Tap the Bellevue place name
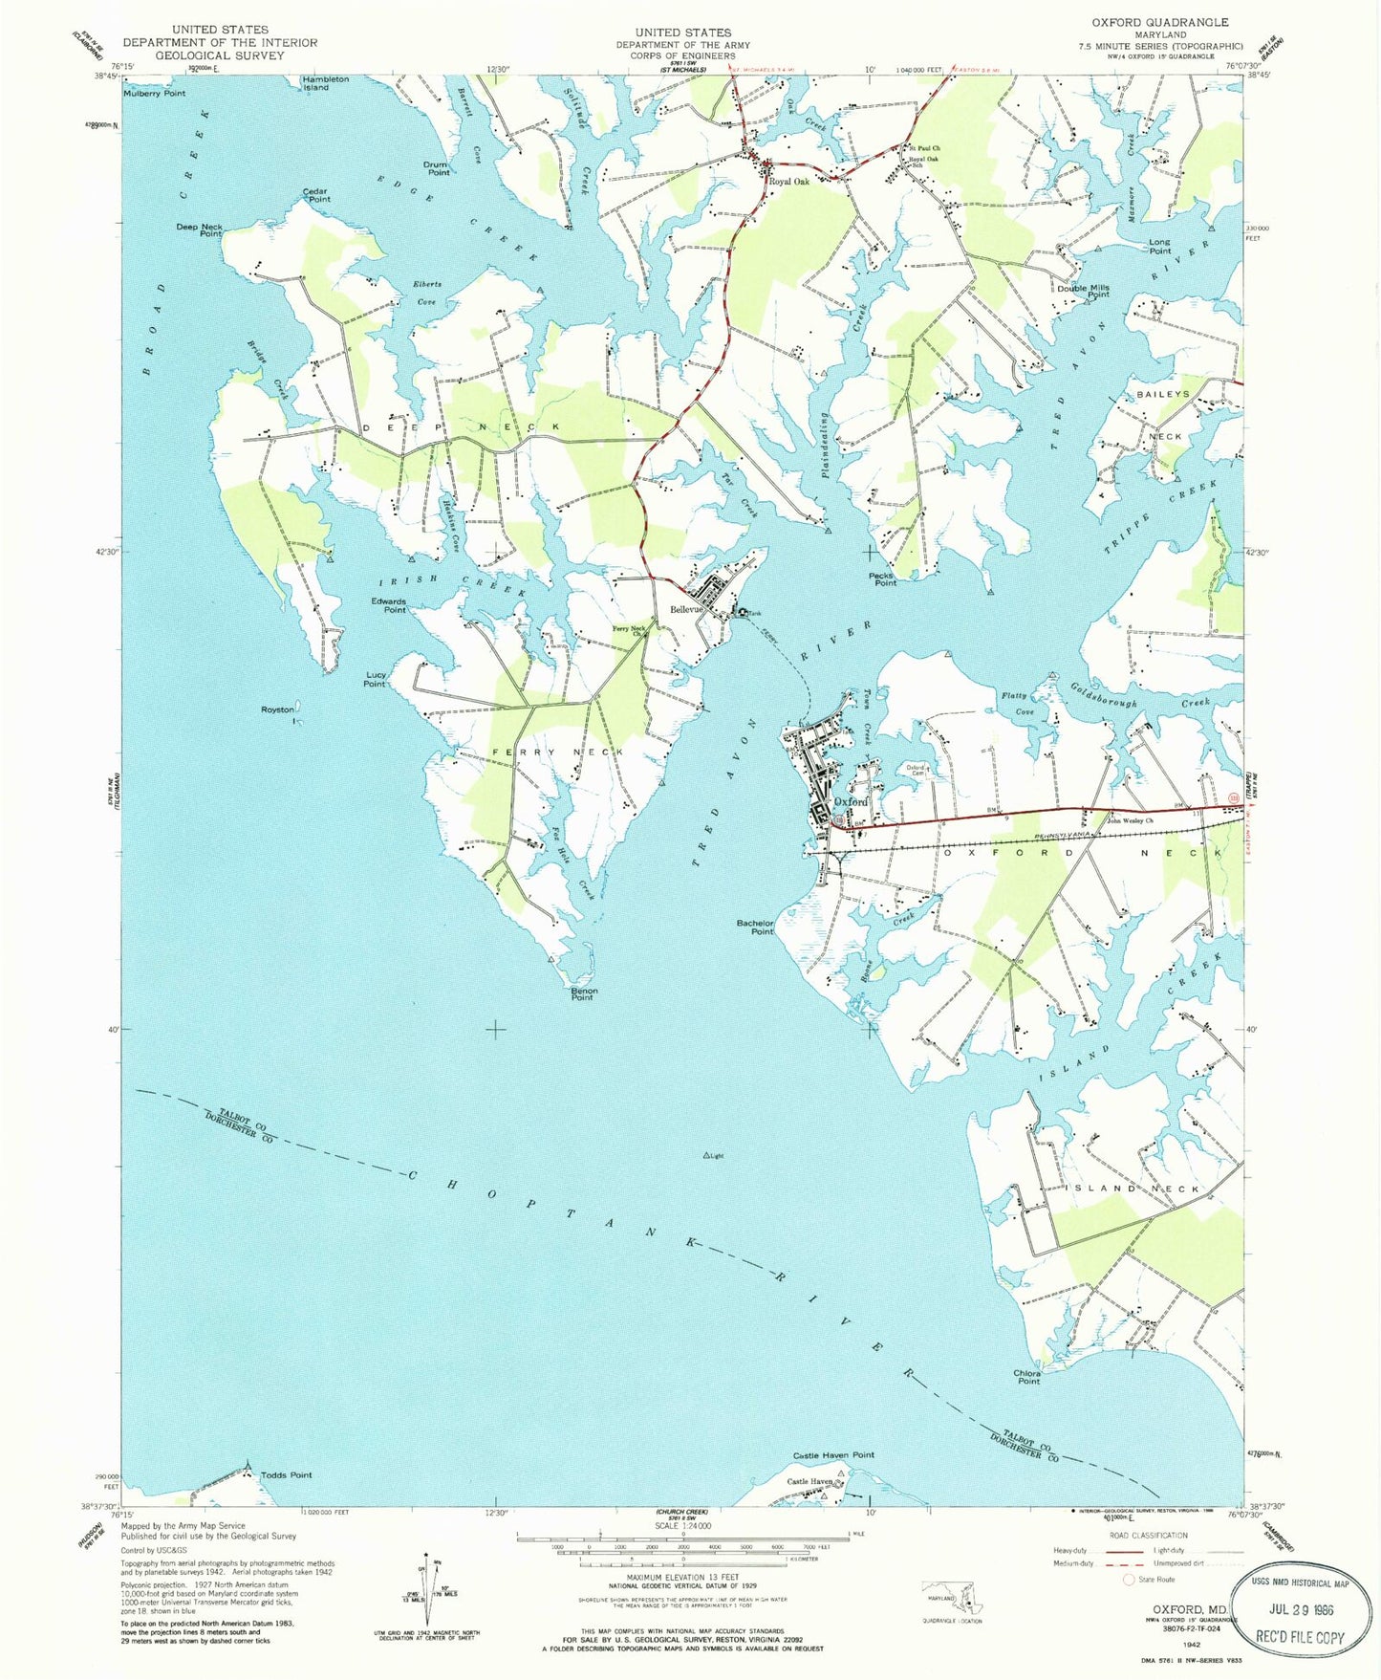pos(686,609)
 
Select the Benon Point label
pos(584,994)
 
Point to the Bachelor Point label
pos(755,927)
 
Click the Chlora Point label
pos(1027,1377)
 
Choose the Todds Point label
pos(286,1475)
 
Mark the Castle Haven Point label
pos(833,1455)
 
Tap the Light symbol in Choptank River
pos(708,1156)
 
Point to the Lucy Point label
pos(375,680)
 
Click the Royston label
pos(278,709)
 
